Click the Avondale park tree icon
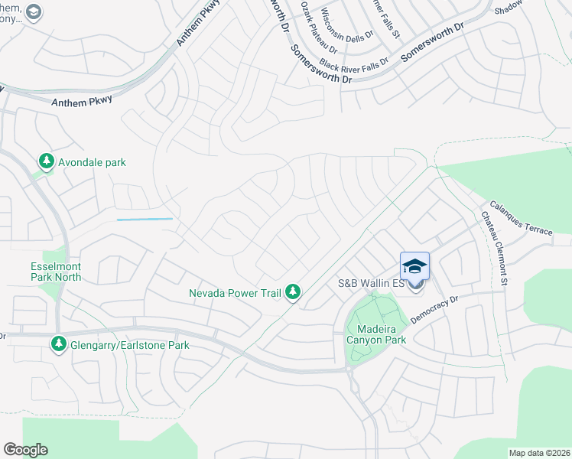47,161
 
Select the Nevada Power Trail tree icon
292,291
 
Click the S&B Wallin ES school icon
414,267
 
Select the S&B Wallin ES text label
370,284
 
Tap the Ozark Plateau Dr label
315,21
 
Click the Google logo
25,450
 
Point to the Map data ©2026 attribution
538,453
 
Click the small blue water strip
145,220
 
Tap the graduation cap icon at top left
33,11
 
